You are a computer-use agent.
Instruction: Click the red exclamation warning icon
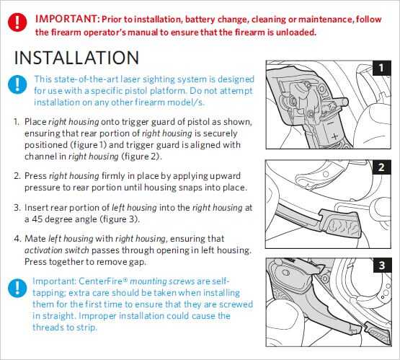(x=17, y=22)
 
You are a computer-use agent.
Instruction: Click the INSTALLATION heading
(x=76, y=58)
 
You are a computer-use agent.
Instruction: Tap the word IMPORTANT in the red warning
(x=66, y=19)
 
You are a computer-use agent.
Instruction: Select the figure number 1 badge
(x=381, y=68)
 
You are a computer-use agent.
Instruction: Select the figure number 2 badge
(x=381, y=167)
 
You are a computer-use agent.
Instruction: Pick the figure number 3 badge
(x=382, y=265)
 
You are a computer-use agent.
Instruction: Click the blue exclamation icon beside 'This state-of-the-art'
(x=17, y=84)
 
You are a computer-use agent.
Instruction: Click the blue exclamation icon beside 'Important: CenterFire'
(x=17, y=289)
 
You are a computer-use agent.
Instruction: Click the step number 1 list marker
(x=17, y=122)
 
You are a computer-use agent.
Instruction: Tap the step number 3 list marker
(x=17, y=208)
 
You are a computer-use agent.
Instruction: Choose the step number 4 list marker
(x=17, y=239)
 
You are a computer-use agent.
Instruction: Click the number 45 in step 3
(x=37, y=219)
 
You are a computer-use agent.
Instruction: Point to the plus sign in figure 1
(x=335, y=136)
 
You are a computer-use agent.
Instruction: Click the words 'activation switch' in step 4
(x=57, y=250)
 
